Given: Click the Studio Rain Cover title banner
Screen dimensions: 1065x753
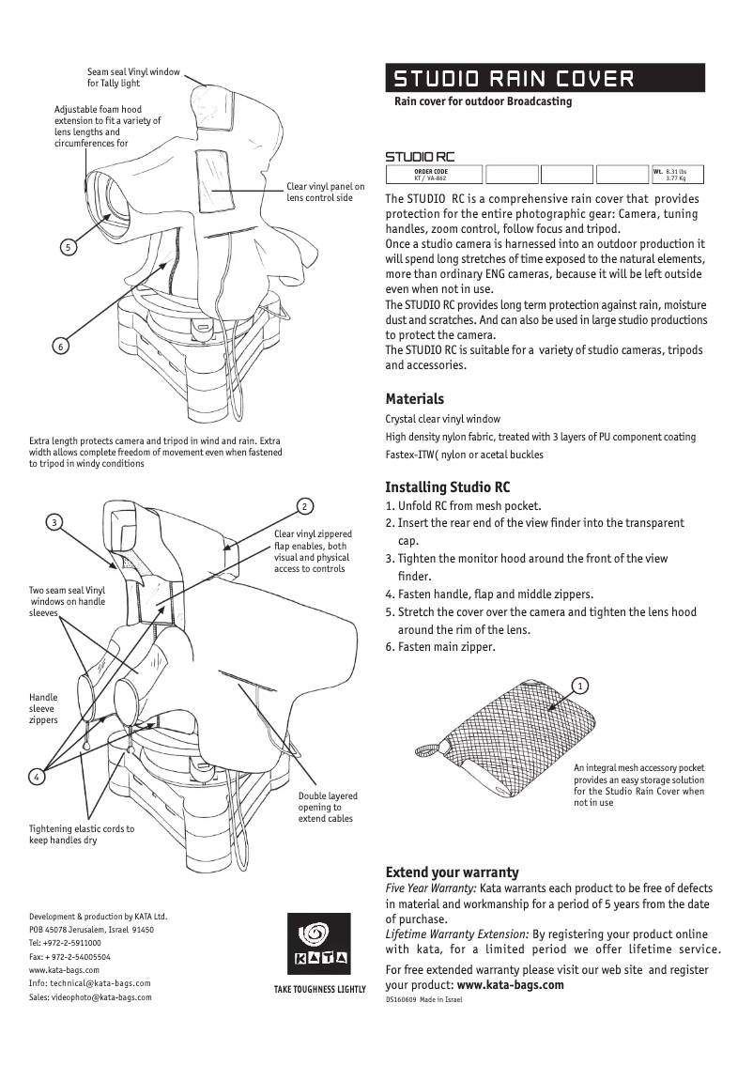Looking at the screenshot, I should tap(545, 77).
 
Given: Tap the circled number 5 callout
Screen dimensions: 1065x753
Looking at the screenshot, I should tap(68, 248).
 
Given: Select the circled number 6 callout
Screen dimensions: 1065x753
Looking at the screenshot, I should tap(60, 347).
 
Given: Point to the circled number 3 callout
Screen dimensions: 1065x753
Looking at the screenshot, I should tap(55, 522).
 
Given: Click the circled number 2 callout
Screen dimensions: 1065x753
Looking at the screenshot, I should tap(303, 507).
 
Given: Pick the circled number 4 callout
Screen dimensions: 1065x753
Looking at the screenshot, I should tap(36, 777).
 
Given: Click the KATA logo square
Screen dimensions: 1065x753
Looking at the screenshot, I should tap(318, 944).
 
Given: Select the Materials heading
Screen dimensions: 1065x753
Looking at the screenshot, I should tap(414, 398).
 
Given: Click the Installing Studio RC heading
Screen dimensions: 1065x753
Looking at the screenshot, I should tap(448, 487).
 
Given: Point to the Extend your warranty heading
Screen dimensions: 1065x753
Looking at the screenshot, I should tap(452, 872).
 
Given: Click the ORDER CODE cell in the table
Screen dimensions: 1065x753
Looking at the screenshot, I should tap(431, 174).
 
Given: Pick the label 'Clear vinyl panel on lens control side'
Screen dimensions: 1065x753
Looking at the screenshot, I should tap(325, 193).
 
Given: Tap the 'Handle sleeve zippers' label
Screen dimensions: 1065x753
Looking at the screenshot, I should tap(43, 708).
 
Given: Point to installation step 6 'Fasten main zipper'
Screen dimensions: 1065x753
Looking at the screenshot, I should tap(440, 647).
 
